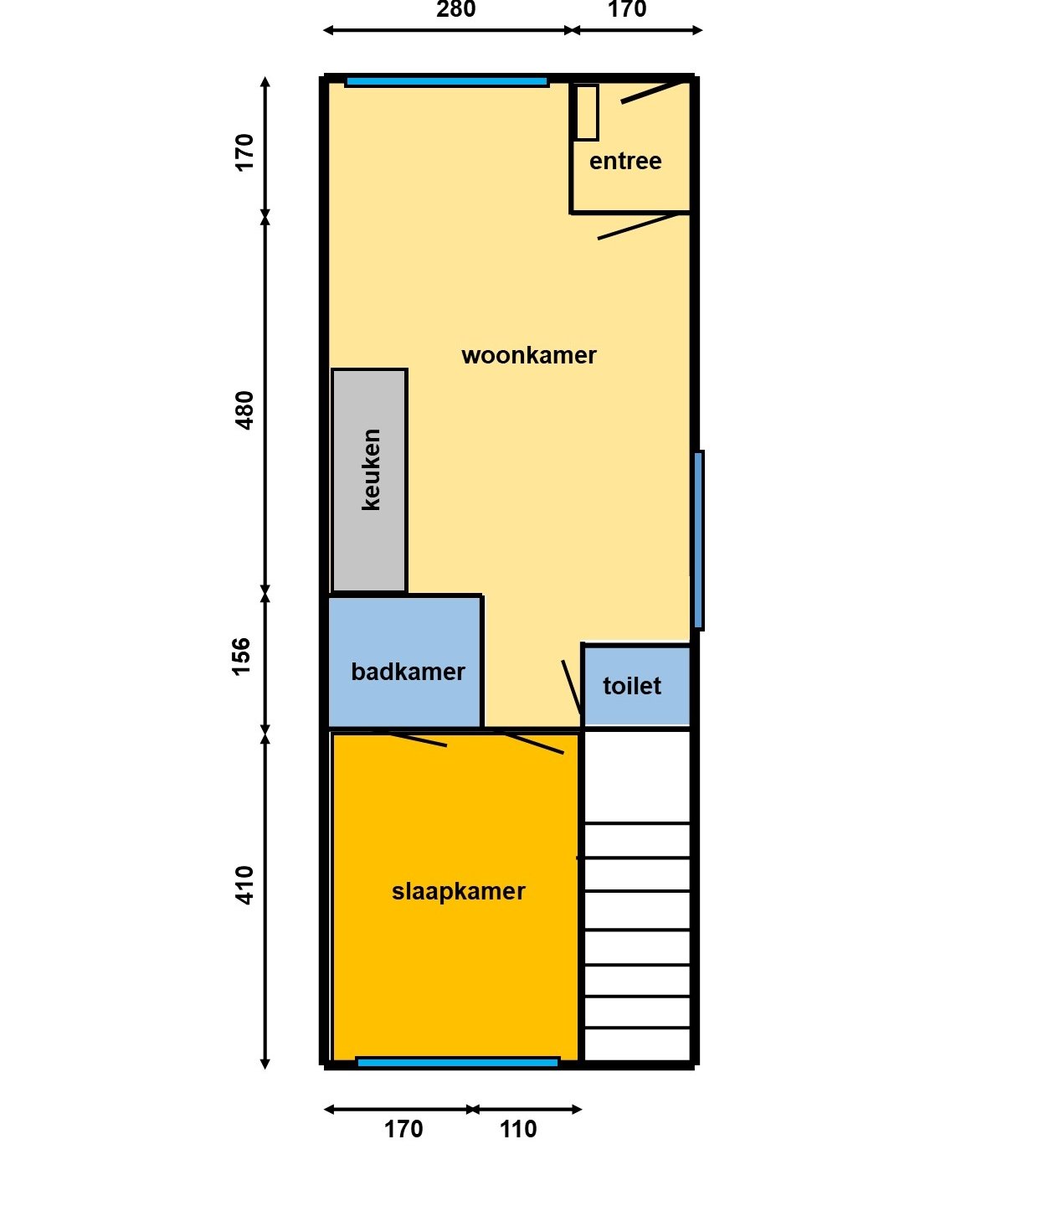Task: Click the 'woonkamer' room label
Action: pyautogui.click(x=528, y=355)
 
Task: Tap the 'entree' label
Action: pyautogui.click(x=625, y=161)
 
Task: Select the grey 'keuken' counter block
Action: pyautogui.click(x=369, y=480)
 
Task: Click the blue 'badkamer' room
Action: pyautogui.click(x=404, y=662)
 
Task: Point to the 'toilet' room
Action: pyautogui.click(x=636, y=686)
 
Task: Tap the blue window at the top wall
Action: pyautogui.click(x=447, y=82)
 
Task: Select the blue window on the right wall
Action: pyautogui.click(x=697, y=540)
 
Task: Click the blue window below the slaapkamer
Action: pyautogui.click(x=458, y=1063)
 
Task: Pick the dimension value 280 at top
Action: pyautogui.click(x=456, y=9)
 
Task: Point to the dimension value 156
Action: pyautogui.click(x=241, y=657)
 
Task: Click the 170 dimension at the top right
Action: pyautogui.click(x=627, y=9)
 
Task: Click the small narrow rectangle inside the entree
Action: pyautogui.click(x=588, y=112)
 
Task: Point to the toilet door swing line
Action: pyautogui.click(x=572, y=688)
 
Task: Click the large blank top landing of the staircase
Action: pyautogui.click(x=637, y=776)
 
